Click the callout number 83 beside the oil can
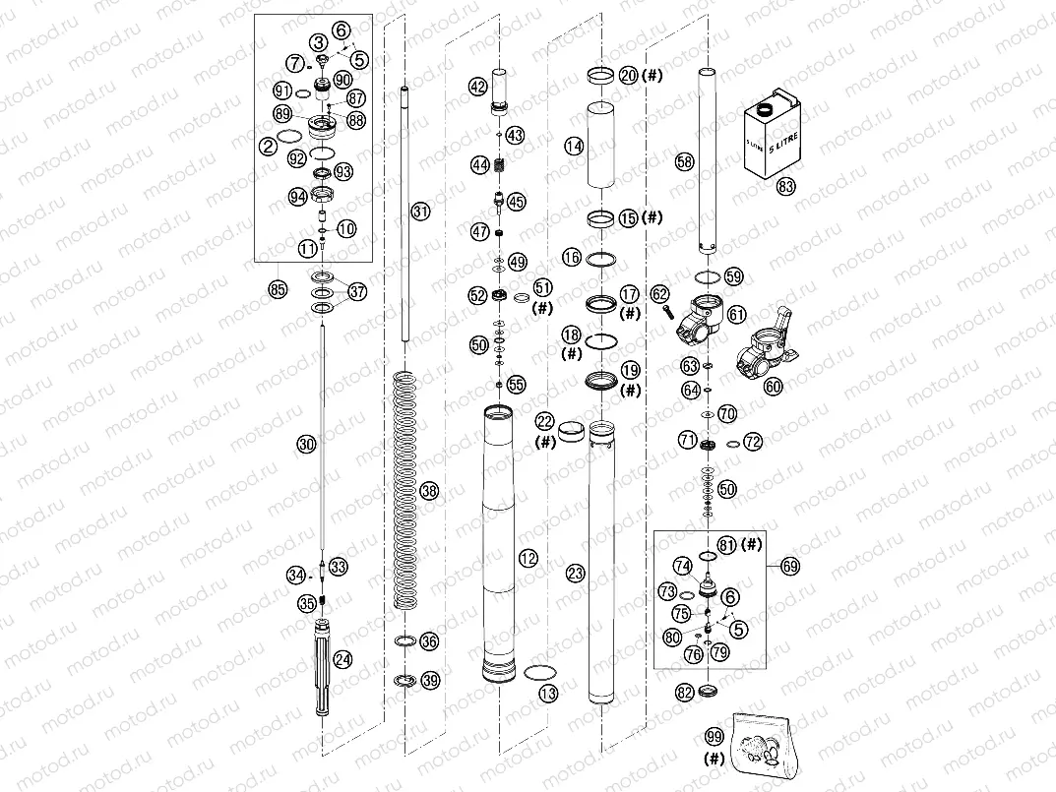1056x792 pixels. (784, 185)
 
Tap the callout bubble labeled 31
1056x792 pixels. (420, 212)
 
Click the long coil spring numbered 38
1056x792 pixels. (404, 487)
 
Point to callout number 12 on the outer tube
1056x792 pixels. (528, 559)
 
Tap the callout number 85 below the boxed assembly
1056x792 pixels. (278, 289)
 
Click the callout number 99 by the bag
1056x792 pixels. (714, 737)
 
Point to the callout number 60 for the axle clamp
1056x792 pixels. (773, 387)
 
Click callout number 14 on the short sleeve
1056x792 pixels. (574, 146)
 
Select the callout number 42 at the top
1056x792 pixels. (477, 87)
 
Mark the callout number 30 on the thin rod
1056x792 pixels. (306, 445)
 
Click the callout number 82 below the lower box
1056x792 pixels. (685, 694)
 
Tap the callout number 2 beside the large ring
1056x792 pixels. (268, 147)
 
